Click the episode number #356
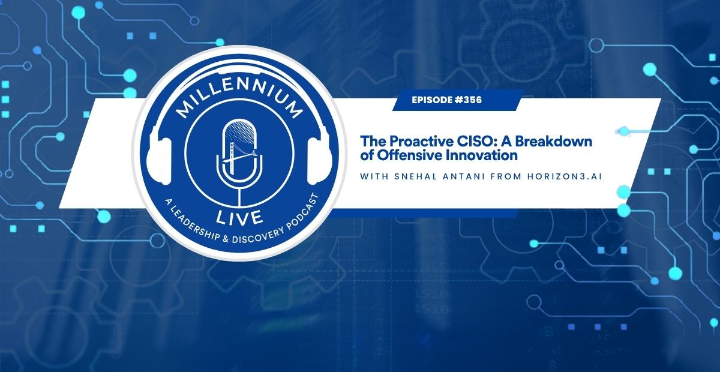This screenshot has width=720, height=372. click(x=469, y=100)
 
